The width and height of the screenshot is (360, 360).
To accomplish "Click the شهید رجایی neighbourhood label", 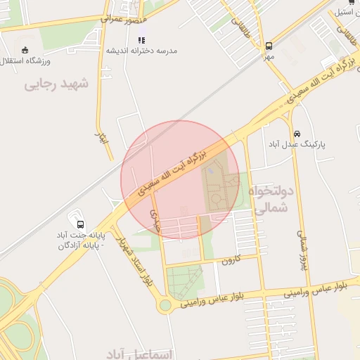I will pyautogui.click(x=57, y=84).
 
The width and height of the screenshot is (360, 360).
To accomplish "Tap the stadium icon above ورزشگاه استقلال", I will pyautogui.click(x=26, y=50).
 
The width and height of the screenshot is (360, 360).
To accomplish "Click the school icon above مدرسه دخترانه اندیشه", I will pyautogui.click(x=141, y=41).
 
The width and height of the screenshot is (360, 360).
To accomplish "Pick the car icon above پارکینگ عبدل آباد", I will pyautogui.click(x=297, y=134).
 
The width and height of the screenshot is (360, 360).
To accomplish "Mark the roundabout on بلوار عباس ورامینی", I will pyautogui.click(x=165, y=305).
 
